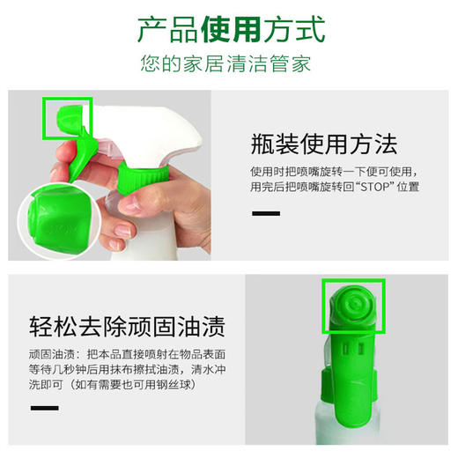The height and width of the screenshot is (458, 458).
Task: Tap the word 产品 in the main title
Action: [166, 29]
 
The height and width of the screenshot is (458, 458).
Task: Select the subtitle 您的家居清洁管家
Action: [228, 64]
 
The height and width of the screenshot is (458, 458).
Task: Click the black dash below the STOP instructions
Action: [266, 213]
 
